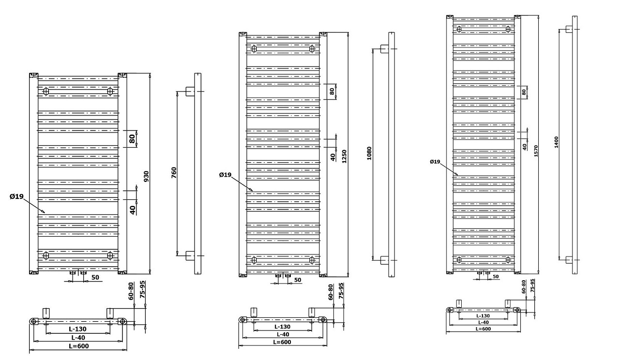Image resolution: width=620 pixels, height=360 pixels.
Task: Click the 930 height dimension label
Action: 146,176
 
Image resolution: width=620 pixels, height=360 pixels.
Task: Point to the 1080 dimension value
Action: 369,153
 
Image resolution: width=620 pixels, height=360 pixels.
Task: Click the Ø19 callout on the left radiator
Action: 16,196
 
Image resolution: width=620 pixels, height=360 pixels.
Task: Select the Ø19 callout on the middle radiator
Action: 225,175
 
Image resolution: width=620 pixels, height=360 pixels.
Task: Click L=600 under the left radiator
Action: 79,346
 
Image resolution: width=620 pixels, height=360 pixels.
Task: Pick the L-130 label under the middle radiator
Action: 283,327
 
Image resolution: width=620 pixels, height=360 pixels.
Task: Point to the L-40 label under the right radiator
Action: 483,322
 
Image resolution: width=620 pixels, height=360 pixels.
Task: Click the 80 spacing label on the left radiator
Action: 132,138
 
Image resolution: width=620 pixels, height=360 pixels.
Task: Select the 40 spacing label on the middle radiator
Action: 333,156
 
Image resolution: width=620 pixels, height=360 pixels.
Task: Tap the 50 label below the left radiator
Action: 95,277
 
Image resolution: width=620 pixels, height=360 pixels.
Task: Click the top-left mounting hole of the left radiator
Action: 46,91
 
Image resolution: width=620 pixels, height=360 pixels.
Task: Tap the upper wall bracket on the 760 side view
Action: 190,91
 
